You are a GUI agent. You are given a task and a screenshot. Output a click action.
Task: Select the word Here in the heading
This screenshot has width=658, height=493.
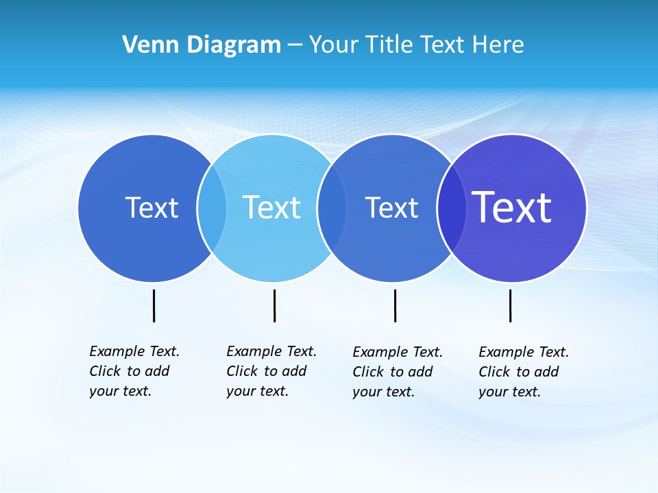(498, 45)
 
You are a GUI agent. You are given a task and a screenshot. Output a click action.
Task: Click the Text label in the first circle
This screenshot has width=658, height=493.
(151, 207)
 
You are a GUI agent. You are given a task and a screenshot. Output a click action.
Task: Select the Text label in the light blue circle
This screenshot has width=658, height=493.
(271, 207)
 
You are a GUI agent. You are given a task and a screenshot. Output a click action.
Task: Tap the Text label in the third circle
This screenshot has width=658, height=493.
(391, 207)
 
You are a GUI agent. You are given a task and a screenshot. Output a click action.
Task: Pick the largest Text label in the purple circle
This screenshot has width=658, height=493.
(511, 207)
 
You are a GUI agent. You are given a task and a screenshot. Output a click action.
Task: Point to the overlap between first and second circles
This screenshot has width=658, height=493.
(212, 207)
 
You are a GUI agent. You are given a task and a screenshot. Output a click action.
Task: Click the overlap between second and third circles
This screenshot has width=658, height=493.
(332, 207)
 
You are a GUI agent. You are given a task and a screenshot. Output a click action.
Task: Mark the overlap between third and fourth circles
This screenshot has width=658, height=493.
(451, 207)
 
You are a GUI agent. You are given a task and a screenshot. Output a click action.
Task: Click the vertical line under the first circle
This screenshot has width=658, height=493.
(154, 305)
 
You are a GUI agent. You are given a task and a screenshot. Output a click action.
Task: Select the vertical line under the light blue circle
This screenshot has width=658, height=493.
(274, 305)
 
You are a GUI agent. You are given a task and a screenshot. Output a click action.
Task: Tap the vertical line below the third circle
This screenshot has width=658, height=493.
(395, 305)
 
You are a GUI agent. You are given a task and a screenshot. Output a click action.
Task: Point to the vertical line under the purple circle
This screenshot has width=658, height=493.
(510, 305)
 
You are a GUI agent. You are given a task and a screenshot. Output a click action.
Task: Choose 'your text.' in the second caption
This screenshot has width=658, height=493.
(257, 391)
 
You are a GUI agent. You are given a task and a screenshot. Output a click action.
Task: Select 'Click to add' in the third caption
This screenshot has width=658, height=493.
(392, 372)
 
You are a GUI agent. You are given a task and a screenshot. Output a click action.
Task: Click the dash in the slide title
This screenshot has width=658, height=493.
(295, 46)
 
